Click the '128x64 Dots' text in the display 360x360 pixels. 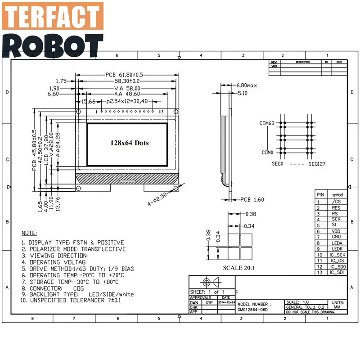(130, 143)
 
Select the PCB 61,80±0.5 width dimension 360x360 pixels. (124, 74)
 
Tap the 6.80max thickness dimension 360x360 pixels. (247, 85)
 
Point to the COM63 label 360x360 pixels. (266, 123)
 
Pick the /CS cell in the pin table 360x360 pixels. (336, 202)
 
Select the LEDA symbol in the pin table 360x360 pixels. (336, 243)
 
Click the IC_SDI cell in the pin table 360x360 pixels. (336, 272)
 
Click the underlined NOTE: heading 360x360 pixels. (30, 234)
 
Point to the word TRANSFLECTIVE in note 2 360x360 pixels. (103, 249)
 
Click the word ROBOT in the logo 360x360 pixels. (53, 45)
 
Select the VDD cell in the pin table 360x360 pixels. (336, 231)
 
